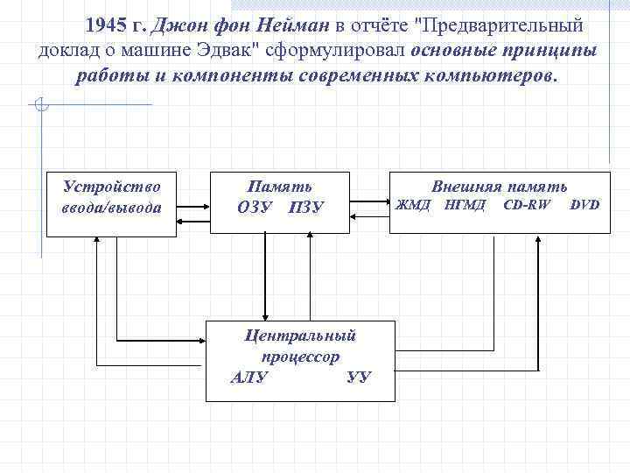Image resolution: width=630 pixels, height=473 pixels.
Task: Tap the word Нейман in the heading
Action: [289, 25]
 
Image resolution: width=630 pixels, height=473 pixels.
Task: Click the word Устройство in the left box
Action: [111, 187]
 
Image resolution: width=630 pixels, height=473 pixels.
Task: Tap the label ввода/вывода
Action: [111, 208]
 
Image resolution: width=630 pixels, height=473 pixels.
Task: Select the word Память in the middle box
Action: [280, 187]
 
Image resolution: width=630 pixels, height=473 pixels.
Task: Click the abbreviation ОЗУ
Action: [255, 208]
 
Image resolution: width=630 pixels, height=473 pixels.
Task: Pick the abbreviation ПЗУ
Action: [305, 208]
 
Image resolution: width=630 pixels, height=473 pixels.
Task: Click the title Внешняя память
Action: [500, 187]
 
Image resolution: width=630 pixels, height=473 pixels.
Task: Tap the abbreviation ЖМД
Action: [414, 206]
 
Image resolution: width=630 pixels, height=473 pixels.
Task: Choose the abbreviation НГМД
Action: [465, 206]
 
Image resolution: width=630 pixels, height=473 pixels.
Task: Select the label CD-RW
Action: [528, 206]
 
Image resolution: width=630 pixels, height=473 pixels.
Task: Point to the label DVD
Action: [584, 206]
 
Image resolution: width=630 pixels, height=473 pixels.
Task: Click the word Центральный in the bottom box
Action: [299, 335]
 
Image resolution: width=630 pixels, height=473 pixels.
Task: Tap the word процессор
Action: [299, 357]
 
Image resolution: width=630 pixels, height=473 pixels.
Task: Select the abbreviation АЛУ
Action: [249, 378]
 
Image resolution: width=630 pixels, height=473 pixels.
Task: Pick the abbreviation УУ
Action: [358, 378]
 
